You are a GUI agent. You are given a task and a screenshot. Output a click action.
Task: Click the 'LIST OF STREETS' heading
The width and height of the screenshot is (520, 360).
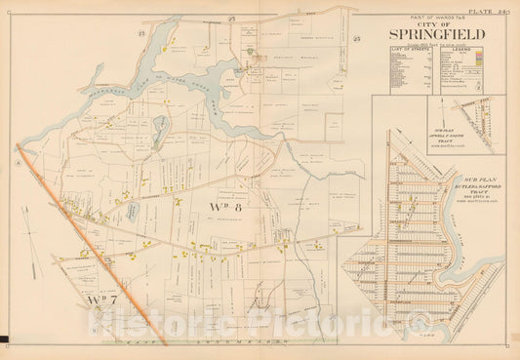point(408,61)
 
